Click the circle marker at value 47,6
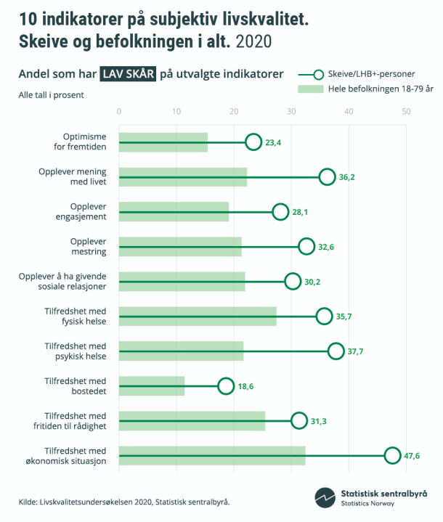click(392, 455)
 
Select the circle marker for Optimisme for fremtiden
click(253, 142)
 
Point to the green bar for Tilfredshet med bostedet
click(152, 386)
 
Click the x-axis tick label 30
click(291, 111)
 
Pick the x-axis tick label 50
click(406, 111)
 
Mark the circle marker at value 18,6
click(226, 386)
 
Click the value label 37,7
click(356, 351)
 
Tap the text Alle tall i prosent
click(51, 95)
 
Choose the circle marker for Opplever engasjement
click(280, 212)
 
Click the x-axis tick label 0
click(119, 111)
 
